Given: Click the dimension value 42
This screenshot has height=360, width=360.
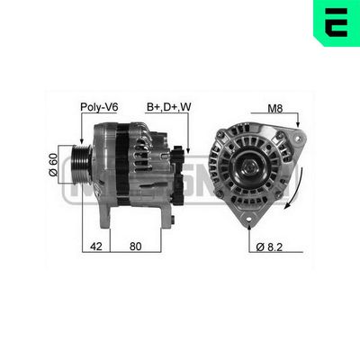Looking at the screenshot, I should pos(95,245).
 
